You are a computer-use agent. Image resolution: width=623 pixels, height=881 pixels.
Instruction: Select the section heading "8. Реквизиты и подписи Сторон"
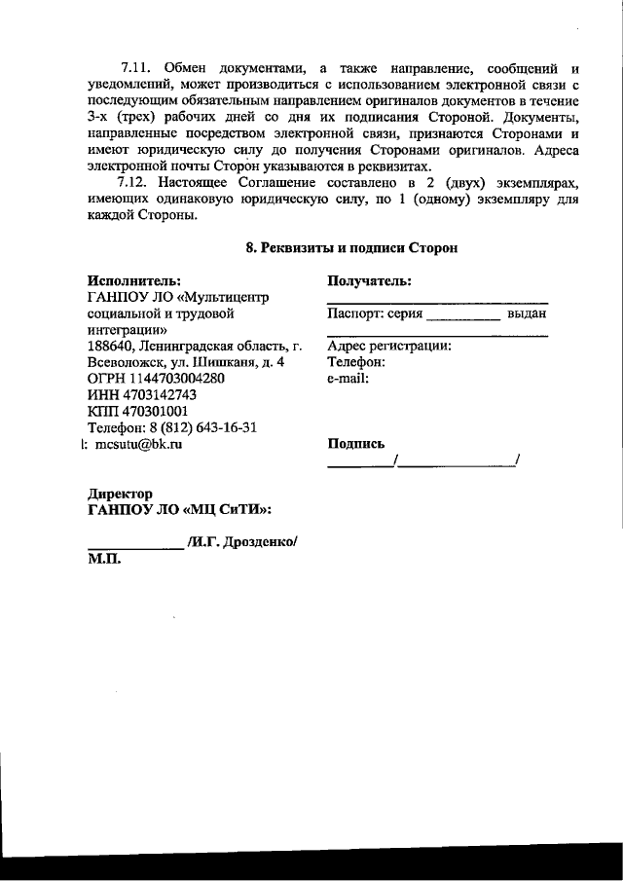pos(351,248)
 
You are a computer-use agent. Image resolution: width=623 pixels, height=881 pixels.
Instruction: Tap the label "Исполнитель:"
pos(133,281)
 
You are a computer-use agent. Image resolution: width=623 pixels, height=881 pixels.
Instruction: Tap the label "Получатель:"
pos(368,281)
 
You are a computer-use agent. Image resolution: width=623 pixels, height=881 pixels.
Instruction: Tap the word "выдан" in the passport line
pos(527,313)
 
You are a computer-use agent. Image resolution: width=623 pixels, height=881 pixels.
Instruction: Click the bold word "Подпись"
pos(356,443)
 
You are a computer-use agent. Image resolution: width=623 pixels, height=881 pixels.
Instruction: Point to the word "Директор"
pos(120,494)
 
